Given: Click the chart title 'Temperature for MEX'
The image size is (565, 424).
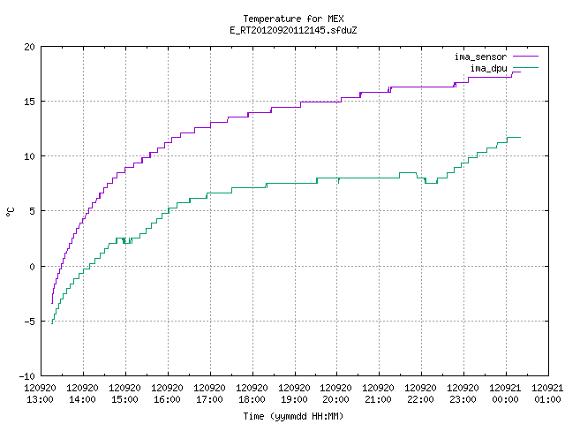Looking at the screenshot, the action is [x=293, y=19].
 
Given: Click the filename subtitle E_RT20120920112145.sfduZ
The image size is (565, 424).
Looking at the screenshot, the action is [x=293, y=30].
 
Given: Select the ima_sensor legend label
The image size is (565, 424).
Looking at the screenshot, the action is [x=480, y=57].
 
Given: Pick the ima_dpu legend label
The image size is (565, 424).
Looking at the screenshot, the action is [x=488, y=68].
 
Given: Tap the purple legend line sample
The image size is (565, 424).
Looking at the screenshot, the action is [x=525, y=57].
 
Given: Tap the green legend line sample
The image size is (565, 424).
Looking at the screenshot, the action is [x=525, y=67].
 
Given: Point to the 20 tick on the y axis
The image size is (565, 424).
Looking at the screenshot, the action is [x=29, y=47].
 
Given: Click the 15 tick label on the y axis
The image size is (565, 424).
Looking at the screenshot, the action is [x=29, y=102].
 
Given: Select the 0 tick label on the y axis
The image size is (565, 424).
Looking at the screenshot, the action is [x=32, y=267].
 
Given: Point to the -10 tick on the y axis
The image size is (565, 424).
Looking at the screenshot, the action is [x=27, y=376].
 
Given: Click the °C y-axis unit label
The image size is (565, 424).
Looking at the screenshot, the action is [x=10, y=212].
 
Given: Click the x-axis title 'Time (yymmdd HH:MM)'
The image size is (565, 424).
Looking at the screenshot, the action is [x=293, y=416].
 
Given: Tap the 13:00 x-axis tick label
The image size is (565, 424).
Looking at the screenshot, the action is [x=40, y=399].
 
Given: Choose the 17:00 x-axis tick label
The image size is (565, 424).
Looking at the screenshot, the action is [x=209, y=399].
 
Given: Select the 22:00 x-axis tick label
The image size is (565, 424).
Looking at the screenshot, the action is [x=420, y=399].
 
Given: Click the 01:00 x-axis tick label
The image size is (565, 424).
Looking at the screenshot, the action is [x=547, y=399].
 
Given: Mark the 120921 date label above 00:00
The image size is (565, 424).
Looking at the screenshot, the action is [x=505, y=388].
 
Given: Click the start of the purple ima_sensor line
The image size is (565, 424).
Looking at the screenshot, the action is [x=52, y=303].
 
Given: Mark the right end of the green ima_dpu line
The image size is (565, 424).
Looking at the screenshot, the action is [x=520, y=138].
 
